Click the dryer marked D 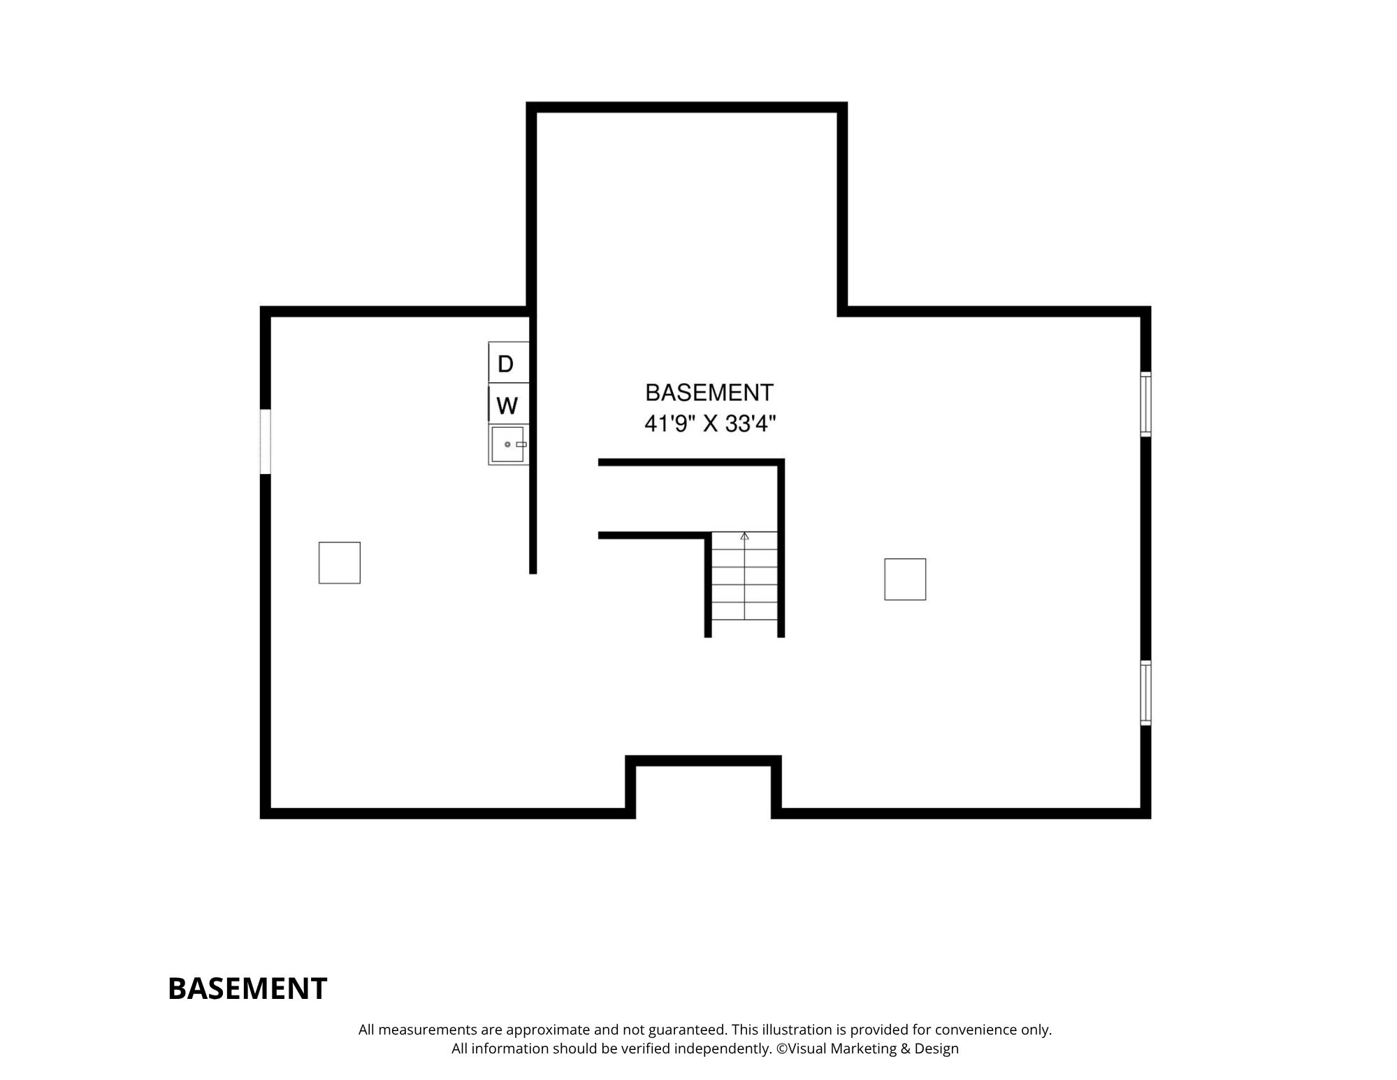pos(508,362)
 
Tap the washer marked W pos(508,403)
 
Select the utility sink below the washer pos(508,445)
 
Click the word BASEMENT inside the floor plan pos(709,393)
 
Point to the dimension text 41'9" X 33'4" pos(710,424)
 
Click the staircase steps pos(744,576)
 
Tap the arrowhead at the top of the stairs pos(744,535)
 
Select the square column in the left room pos(340,563)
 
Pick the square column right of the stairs pos(905,579)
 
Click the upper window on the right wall pos(1145,404)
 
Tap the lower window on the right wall pos(1145,693)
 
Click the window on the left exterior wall pos(265,441)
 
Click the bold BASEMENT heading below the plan pos(247,988)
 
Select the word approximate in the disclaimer pos(549,1030)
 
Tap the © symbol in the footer pos(781,1049)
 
